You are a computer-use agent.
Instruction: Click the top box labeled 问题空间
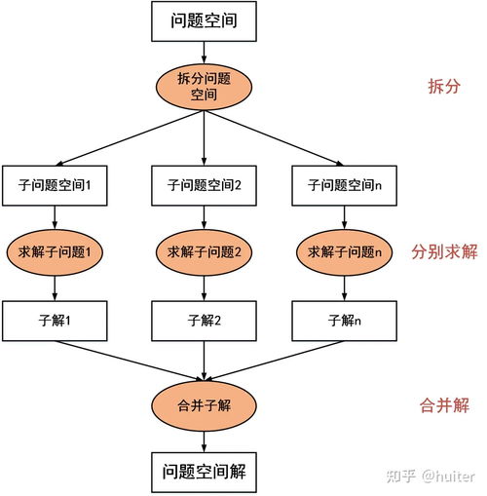point(203,21)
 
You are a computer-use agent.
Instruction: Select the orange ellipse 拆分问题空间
point(203,86)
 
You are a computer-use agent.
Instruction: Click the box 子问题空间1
point(55,184)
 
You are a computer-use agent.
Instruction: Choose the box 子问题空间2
point(204,184)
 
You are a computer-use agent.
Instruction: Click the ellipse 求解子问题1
point(55,252)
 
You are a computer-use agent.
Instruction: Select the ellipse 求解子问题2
point(204,252)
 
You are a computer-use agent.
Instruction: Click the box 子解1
point(55,319)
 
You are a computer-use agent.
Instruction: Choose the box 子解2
point(204,319)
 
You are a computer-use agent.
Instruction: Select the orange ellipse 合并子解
point(203,402)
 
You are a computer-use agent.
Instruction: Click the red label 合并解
point(441,402)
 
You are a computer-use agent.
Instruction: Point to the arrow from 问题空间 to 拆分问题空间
point(203,53)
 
